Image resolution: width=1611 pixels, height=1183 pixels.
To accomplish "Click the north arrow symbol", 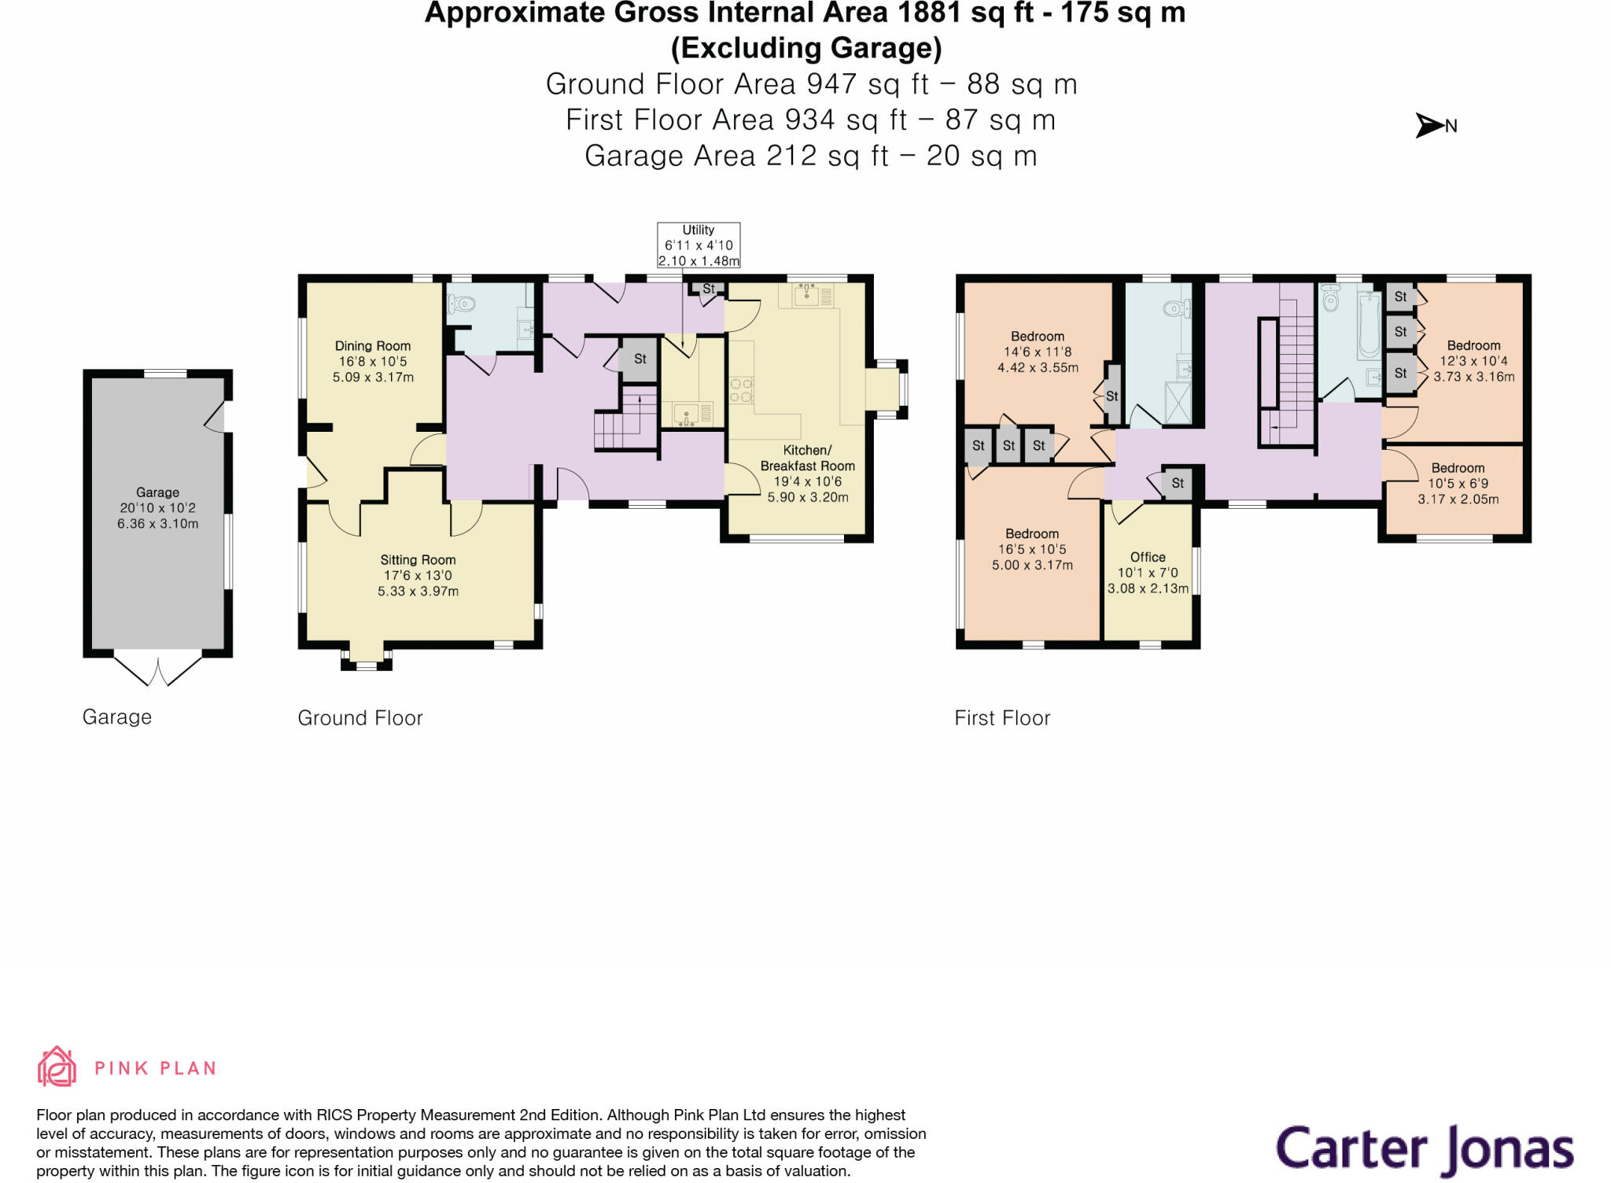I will pos(1429,125).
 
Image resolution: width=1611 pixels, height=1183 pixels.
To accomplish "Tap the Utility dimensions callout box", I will pos(699,245).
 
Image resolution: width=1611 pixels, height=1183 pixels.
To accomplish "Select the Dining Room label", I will pos(373,346).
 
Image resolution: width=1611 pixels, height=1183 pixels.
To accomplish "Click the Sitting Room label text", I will pos(418,560).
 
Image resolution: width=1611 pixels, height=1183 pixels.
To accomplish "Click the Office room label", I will pos(1148,557).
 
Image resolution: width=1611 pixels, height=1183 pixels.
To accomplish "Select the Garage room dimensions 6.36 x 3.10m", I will pos(157,524).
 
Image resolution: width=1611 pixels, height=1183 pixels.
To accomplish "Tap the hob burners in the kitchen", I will pos(741,390).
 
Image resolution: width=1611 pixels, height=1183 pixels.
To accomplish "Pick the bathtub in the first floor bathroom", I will pos(1369,324).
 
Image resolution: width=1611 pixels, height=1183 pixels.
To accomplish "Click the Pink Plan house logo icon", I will pos(57,1067).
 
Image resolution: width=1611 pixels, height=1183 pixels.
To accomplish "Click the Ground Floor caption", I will pos(360,718).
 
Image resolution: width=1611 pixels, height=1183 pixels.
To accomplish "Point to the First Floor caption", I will pos(1002,718).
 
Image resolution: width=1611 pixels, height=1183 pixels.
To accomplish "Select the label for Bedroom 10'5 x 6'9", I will pos(1458,468).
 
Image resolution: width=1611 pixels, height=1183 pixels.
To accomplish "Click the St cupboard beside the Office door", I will pos(1177,483).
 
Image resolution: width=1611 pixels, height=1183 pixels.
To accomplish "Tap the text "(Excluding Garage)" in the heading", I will pos(806,49).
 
